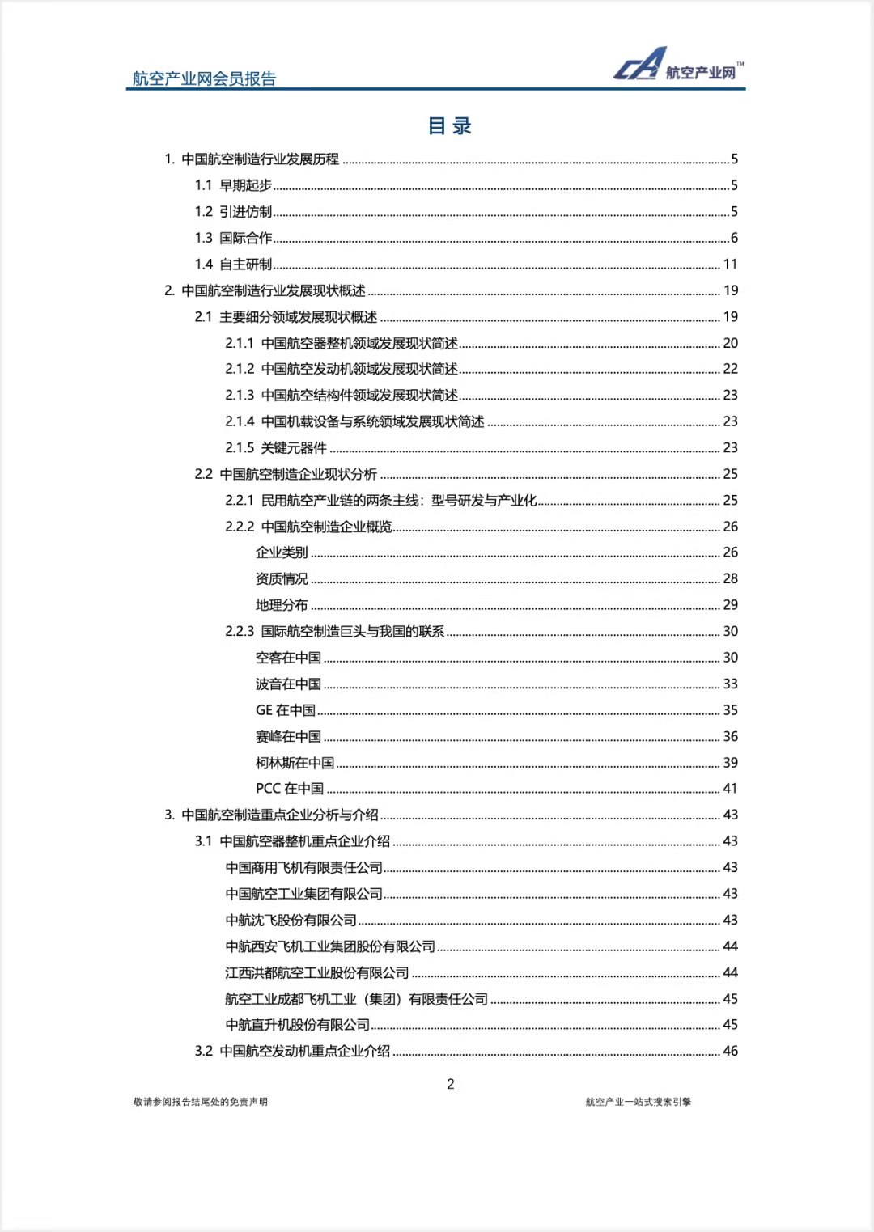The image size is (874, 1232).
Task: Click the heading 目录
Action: (x=449, y=125)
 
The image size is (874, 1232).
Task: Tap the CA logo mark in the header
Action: (x=640, y=64)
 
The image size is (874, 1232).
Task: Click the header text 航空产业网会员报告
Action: (x=205, y=78)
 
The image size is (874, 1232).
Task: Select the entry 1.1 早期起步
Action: (x=233, y=185)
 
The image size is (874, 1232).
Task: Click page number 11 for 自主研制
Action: (x=730, y=264)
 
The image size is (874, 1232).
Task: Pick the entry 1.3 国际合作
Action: (x=233, y=238)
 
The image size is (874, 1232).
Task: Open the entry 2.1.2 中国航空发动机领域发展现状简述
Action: (x=342, y=369)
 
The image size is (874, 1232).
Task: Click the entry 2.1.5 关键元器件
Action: (x=276, y=447)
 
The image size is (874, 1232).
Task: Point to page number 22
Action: (x=730, y=369)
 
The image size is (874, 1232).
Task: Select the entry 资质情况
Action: (x=282, y=578)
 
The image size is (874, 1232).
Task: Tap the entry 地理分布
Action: (x=282, y=604)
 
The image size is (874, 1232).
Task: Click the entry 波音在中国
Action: (x=288, y=684)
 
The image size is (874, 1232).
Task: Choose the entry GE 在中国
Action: (x=286, y=709)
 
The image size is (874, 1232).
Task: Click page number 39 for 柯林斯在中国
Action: (x=730, y=762)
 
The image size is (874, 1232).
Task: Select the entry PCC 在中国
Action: (x=290, y=788)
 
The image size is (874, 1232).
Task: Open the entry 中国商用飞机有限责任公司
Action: (x=303, y=867)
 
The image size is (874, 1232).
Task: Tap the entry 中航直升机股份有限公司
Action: (x=297, y=1024)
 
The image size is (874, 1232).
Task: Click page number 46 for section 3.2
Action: (x=730, y=1051)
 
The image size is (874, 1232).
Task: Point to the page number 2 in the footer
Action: (x=451, y=1084)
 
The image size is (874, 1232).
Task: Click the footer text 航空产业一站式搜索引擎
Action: (x=639, y=1101)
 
